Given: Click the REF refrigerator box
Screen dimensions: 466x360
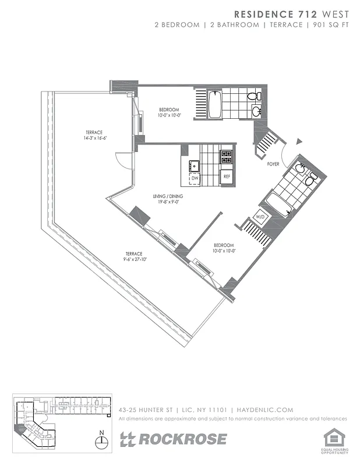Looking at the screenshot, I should coord(226,176).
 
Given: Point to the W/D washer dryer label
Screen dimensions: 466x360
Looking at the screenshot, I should coord(262,217).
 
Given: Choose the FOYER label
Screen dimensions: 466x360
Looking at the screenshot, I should coord(273,165).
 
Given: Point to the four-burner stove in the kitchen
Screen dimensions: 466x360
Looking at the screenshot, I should coord(225,157).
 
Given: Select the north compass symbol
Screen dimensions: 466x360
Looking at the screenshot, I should coord(103,441).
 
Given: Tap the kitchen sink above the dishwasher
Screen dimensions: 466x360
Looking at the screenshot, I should coord(195,166).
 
